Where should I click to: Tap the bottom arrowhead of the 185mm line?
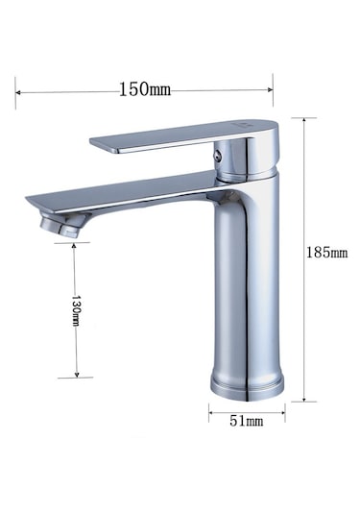click(306, 397)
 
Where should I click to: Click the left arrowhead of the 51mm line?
click(212, 419)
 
